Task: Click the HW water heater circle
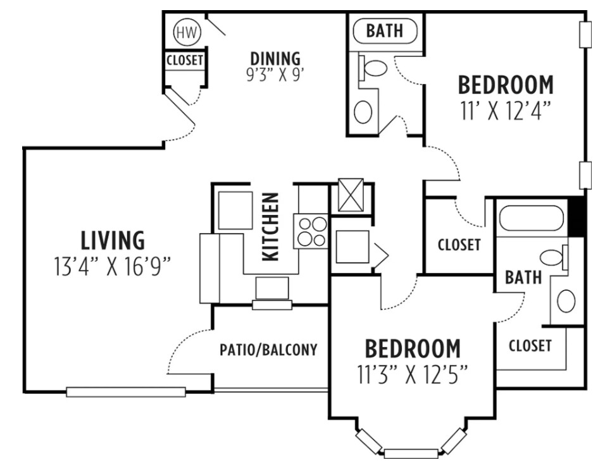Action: pos(185,31)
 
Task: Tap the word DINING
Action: pos(275,59)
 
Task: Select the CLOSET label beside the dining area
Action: pos(185,61)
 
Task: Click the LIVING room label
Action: pos(113,241)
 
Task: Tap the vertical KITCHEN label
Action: pos(270,227)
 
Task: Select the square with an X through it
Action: pos(351,195)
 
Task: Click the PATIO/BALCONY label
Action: pos(268,350)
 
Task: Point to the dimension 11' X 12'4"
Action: pos(504,111)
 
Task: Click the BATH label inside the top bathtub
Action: pos(384,31)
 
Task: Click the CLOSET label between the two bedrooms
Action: pos(459,245)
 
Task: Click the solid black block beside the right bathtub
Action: pos(576,217)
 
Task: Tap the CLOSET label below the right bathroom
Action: pos(530,346)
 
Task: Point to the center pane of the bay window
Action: pos(411,453)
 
